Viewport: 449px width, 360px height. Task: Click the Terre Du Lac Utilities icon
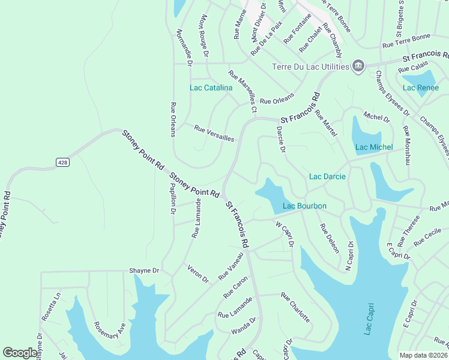click(358, 65)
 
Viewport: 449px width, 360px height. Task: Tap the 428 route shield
click(62, 162)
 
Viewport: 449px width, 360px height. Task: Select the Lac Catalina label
click(211, 88)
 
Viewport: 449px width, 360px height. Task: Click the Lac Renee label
click(421, 88)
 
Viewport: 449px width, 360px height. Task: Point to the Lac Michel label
click(374, 147)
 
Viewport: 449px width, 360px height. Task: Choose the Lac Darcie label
click(327, 176)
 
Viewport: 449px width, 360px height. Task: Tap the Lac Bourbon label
click(304, 206)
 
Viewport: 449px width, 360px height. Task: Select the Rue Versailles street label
click(214, 133)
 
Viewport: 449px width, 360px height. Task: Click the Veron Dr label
click(197, 274)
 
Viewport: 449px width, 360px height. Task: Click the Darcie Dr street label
click(280, 139)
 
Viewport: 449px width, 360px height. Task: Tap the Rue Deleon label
click(330, 238)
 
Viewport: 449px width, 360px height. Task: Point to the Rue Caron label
click(235, 287)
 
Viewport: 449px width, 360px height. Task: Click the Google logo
click(20, 353)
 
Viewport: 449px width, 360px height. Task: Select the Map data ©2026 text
click(423, 355)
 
